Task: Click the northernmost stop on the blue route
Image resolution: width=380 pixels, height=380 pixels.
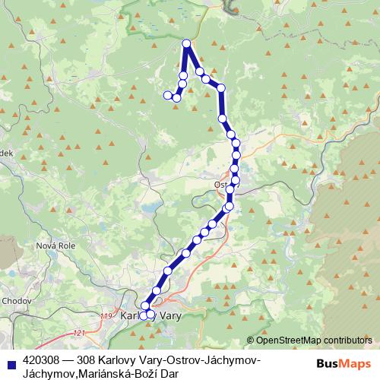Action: tap(187, 43)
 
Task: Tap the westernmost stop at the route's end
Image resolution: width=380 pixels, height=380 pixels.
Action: tap(168, 94)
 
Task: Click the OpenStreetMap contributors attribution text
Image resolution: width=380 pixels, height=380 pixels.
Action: tap(314, 340)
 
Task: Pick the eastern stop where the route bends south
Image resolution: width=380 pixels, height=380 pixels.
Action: tap(221, 89)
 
